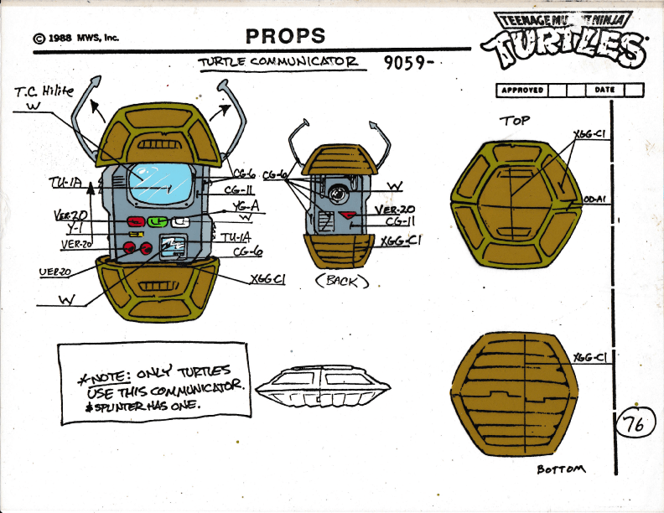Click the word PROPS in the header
pos(285,35)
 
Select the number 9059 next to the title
pos(402,64)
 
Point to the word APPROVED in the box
pos(522,90)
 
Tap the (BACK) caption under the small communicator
pos(341,282)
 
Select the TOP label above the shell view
pos(515,120)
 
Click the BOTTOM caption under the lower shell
pos(562,469)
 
